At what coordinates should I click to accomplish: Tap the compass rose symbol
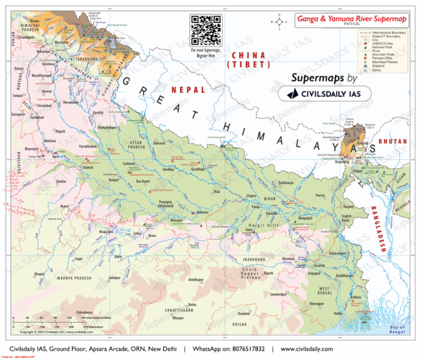tap(280, 22)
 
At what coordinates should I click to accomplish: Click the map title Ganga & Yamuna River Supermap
tap(352, 19)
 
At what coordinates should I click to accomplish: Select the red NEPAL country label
tap(188, 89)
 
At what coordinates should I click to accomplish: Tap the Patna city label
tap(255, 208)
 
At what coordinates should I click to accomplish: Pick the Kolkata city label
tap(356, 298)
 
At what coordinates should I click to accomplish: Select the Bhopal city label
tap(39, 273)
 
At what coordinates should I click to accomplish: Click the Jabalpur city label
tap(114, 278)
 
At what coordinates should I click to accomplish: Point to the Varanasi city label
tap(202, 212)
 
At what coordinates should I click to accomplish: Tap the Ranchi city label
tap(268, 273)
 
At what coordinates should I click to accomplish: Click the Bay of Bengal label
tap(397, 329)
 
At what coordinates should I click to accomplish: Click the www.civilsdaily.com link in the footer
tap(306, 349)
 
